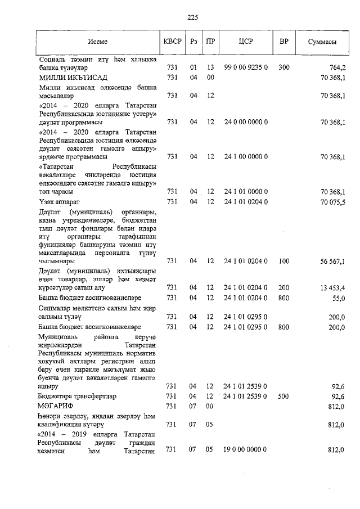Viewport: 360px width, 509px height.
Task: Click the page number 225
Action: click(193, 17)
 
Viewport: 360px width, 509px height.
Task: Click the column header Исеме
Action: click(97, 42)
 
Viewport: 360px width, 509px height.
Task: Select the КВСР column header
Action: click(172, 42)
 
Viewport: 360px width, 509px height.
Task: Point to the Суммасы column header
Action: click(322, 42)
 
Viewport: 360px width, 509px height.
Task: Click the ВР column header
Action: click(284, 42)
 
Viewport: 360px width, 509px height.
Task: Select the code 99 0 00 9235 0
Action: click(246, 67)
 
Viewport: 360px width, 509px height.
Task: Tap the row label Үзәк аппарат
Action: click(60, 201)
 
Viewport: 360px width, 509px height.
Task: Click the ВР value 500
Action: click(284, 396)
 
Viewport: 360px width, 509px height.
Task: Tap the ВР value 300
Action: click(284, 67)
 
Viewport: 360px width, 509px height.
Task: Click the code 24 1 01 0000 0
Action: click(246, 192)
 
